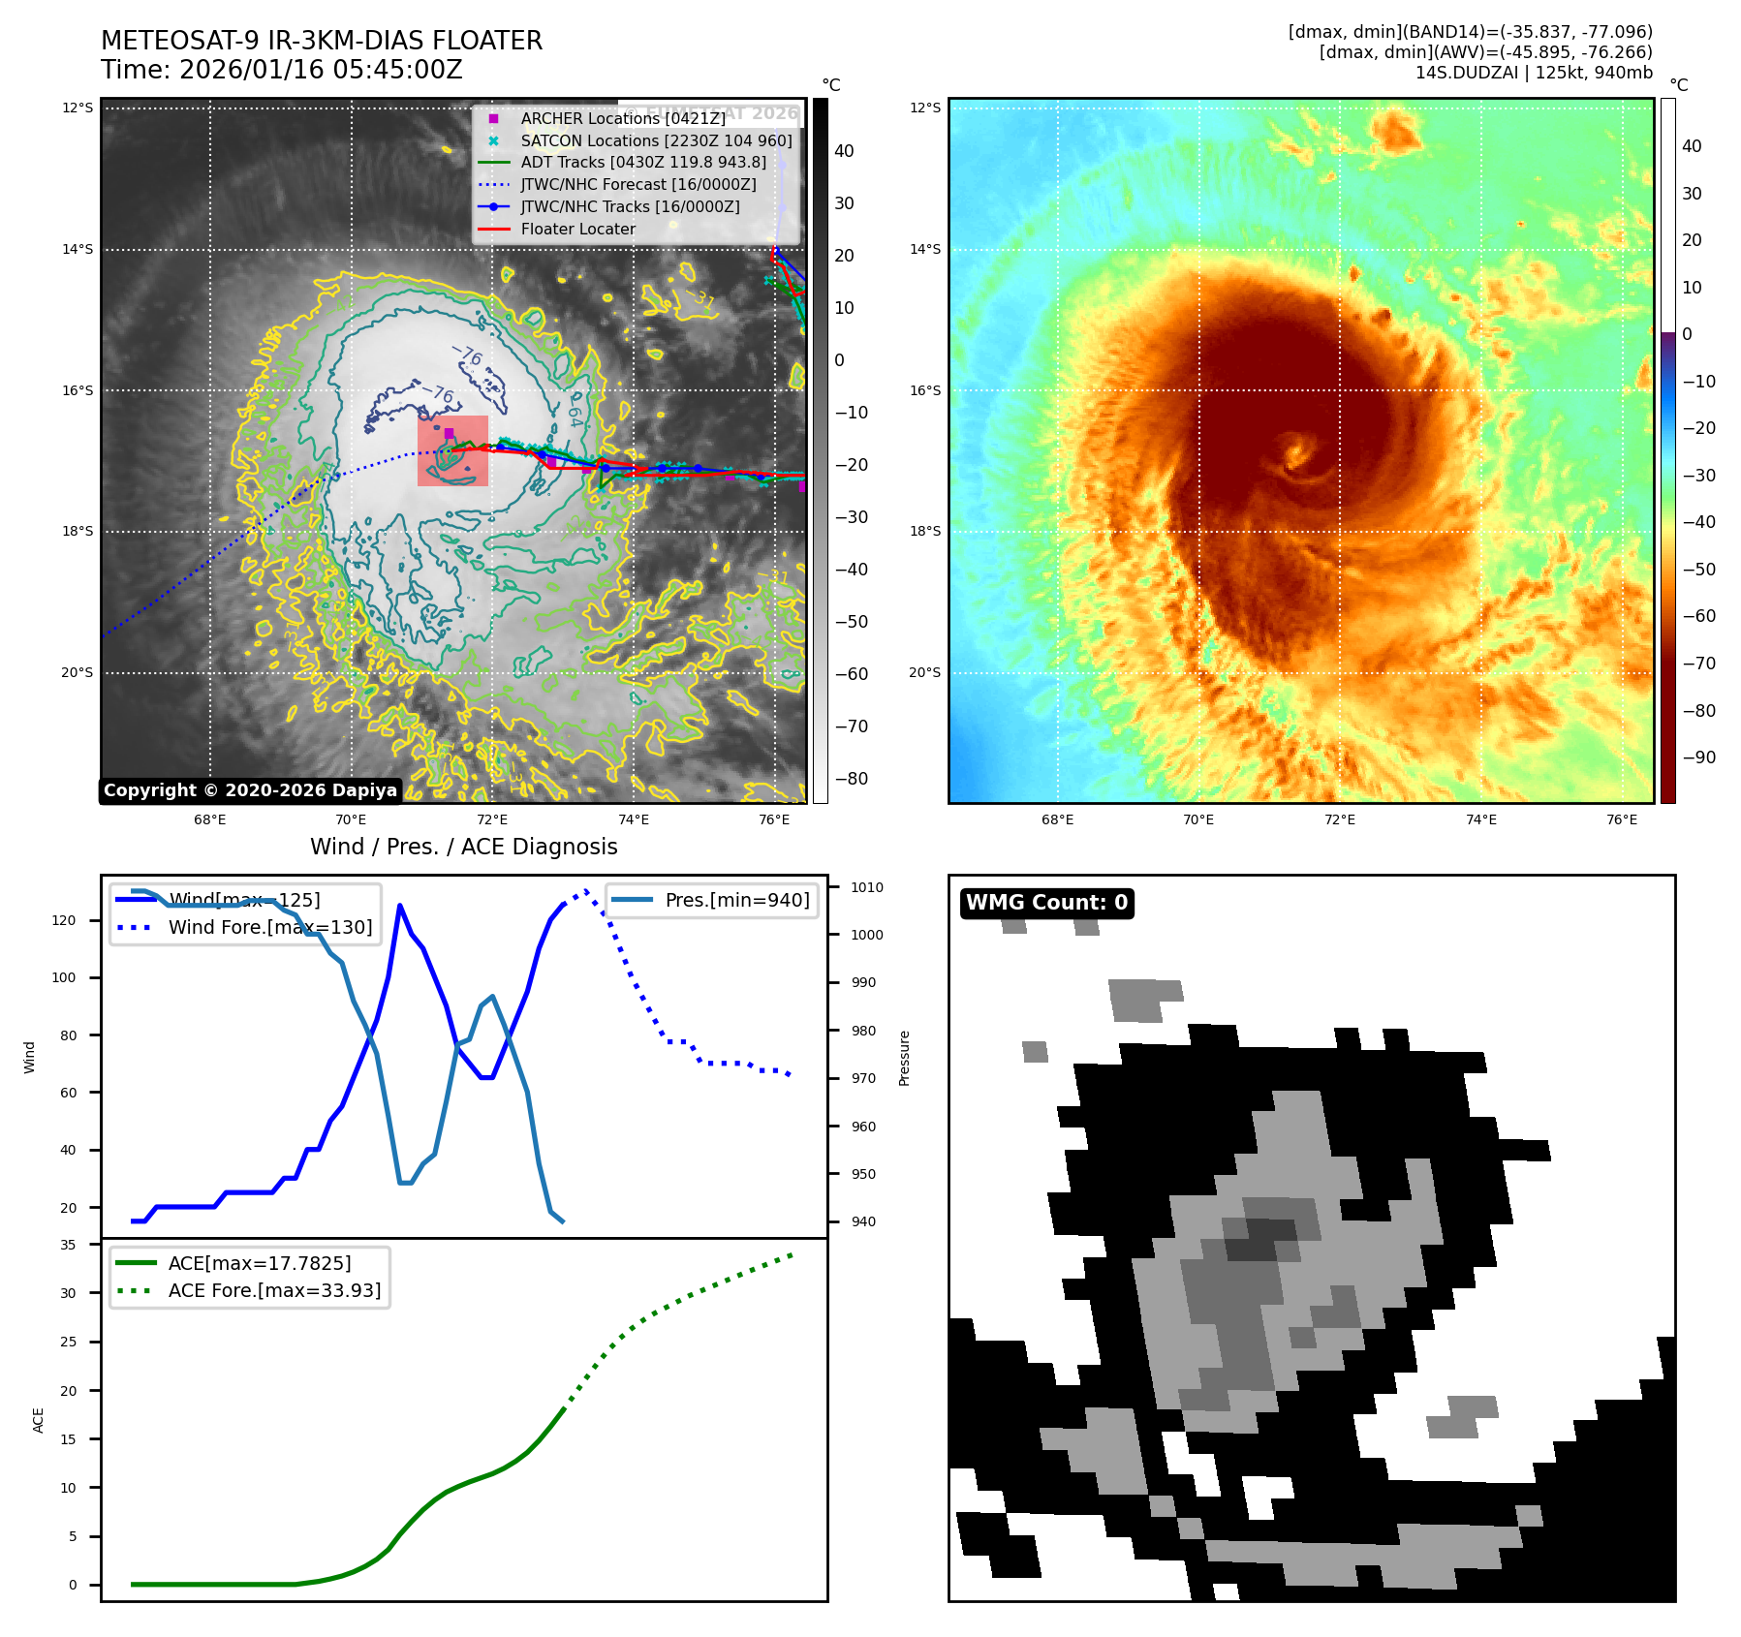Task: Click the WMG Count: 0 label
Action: (1046, 903)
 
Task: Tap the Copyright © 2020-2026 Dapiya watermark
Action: (250, 790)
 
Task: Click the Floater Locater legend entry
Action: (577, 230)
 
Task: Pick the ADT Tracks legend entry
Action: (642, 163)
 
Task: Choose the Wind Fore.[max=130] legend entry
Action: (269, 927)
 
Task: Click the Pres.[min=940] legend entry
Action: (736, 900)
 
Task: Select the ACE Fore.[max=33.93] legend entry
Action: (274, 1290)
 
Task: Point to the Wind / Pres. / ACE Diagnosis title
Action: (463, 847)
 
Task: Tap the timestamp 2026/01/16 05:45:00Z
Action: (321, 70)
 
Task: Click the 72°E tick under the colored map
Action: (1340, 819)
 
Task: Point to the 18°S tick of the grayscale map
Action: (78, 532)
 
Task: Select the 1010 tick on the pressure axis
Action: (866, 887)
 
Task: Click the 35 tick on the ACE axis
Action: (68, 1245)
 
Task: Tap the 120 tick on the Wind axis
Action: (64, 920)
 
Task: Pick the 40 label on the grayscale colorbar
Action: (844, 151)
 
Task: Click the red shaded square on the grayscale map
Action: (452, 450)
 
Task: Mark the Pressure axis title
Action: (904, 1058)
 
